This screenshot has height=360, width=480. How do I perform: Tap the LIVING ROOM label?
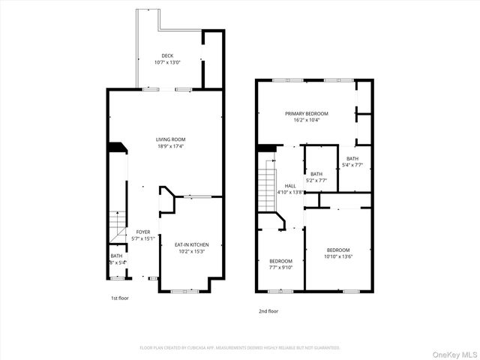pos(170,139)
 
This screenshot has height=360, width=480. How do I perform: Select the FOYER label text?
pos(142,232)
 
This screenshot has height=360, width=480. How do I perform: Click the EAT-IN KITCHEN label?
pos(191,244)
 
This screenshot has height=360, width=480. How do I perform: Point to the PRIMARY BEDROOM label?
pos(306,113)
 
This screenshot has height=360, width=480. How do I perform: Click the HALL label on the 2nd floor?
pos(289,185)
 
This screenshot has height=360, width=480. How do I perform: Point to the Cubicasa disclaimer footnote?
pos(240,347)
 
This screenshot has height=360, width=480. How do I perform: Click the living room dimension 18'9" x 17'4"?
pos(170,146)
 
